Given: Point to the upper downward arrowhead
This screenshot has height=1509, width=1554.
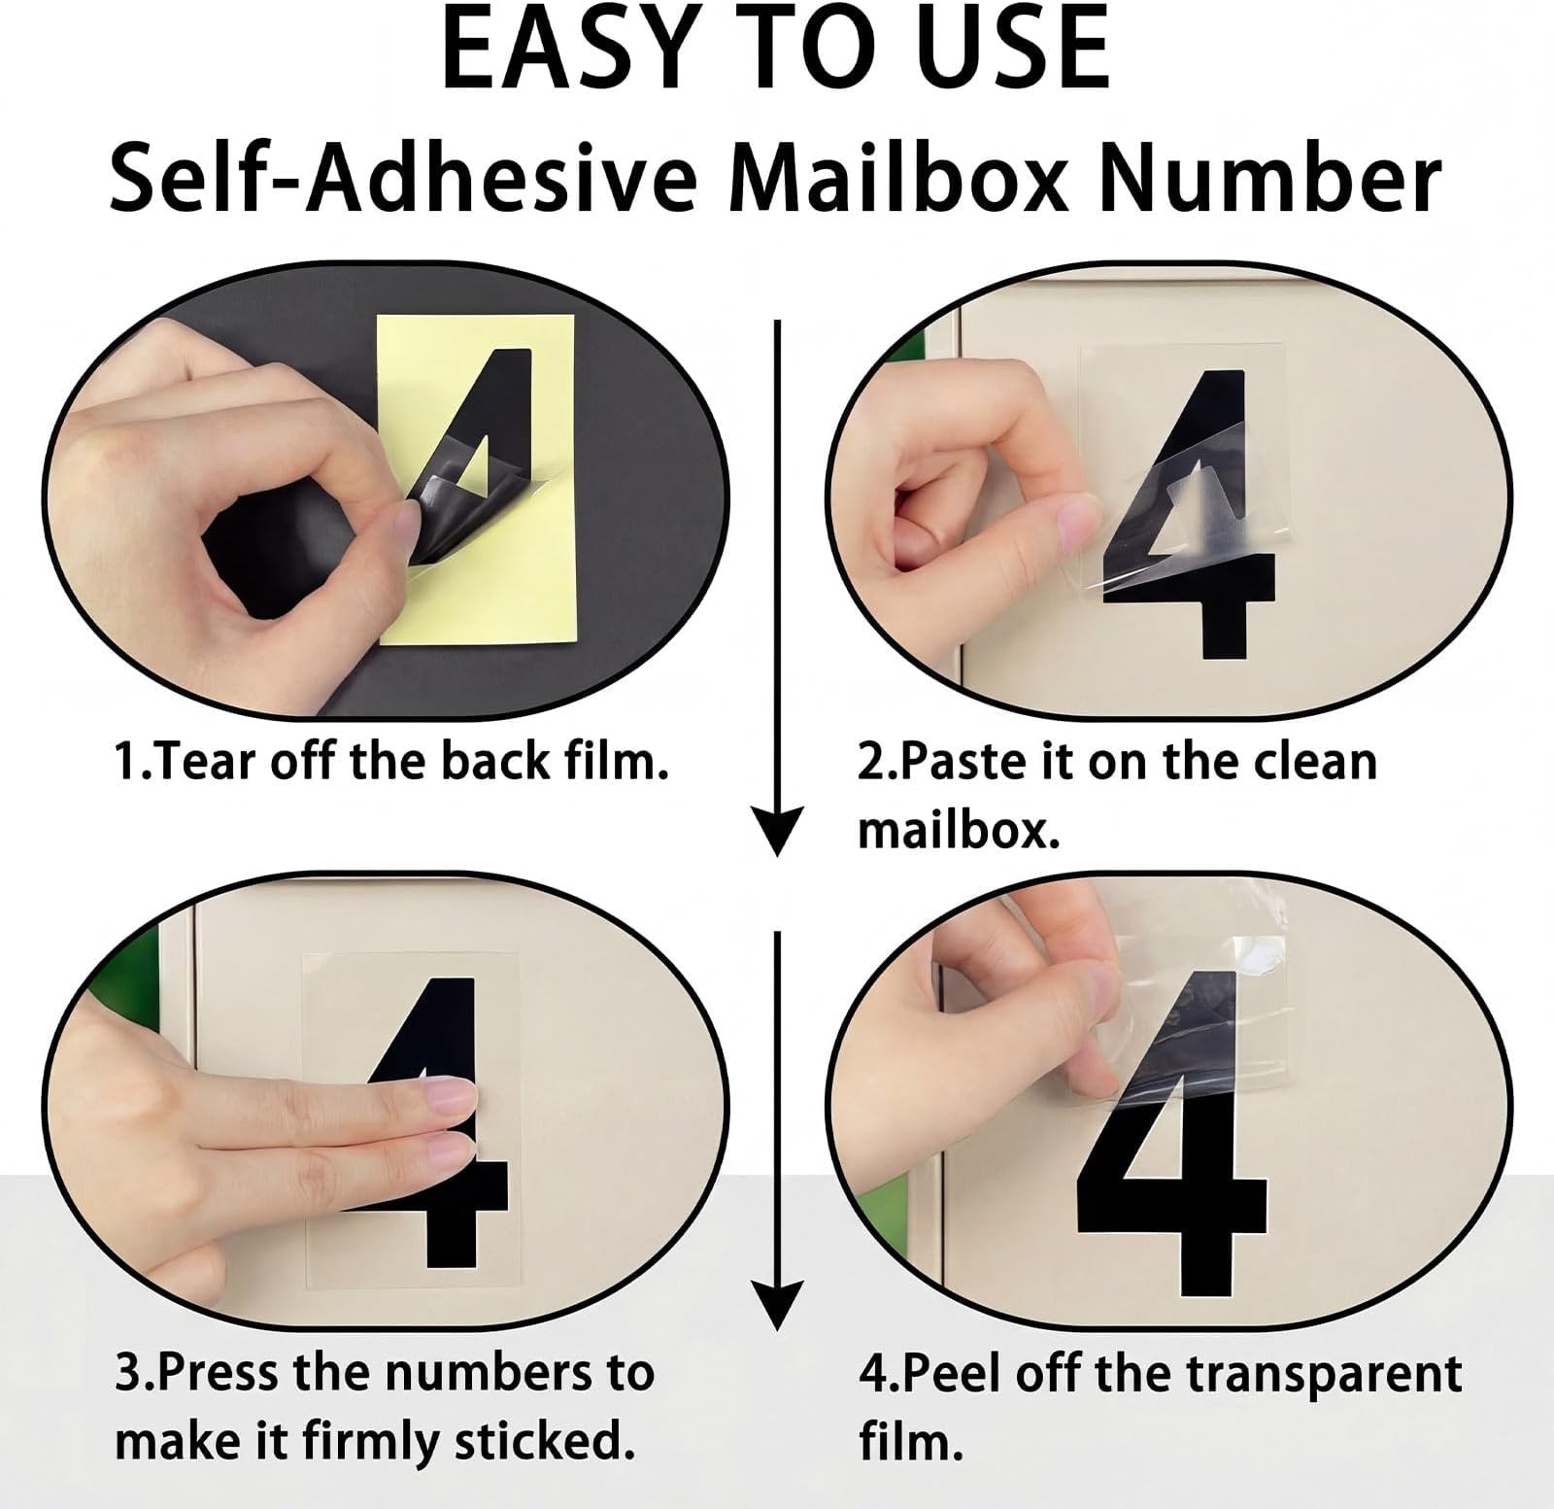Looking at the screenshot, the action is pos(777,831).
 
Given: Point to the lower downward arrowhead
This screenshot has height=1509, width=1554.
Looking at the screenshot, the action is pos(777,1303).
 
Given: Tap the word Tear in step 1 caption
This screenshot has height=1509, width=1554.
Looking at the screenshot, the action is pos(209,761).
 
